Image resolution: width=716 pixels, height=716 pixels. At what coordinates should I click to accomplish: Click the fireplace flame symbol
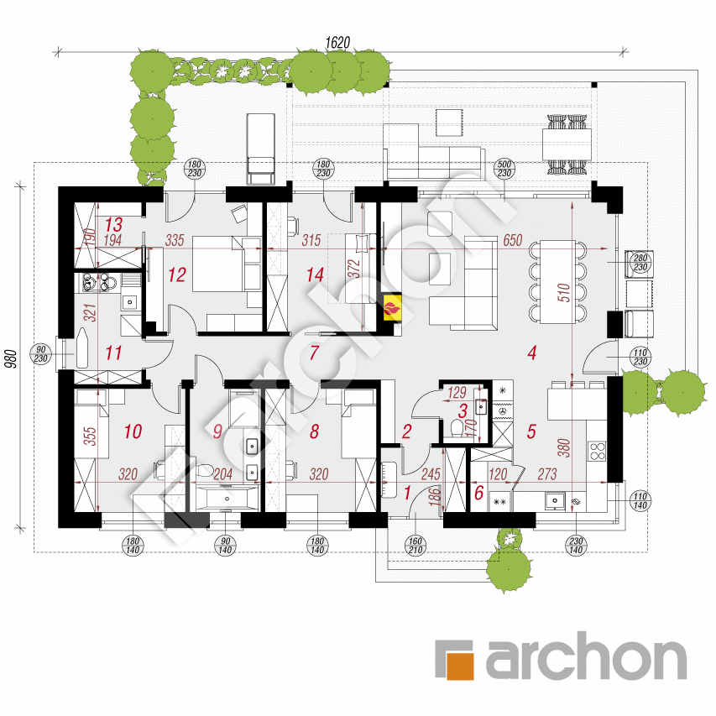(392, 308)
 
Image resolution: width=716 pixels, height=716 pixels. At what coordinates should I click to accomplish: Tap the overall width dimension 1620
(337, 43)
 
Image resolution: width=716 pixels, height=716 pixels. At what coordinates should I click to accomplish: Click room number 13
(113, 224)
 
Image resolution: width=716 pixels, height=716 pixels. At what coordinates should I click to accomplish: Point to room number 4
(531, 353)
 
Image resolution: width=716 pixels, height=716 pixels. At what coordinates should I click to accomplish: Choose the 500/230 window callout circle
(504, 169)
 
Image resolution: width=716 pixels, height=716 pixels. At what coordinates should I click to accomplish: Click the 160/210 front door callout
(415, 546)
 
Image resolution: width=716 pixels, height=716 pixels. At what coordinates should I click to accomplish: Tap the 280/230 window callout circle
(640, 263)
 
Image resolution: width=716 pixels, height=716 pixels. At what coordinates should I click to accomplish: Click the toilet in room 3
(457, 428)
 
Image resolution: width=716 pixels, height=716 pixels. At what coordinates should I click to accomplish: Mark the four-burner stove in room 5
(597, 451)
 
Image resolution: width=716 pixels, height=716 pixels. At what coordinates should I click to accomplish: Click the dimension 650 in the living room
(512, 240)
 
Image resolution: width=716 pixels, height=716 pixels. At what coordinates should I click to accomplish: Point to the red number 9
(217, 431)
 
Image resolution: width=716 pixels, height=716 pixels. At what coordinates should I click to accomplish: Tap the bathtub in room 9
(227, 499)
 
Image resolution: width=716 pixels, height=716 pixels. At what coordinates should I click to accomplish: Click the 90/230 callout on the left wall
(40, 354)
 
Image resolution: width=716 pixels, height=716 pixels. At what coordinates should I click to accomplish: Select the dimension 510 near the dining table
(564, 292)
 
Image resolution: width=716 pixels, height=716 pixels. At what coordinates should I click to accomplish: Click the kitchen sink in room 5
(555, 501)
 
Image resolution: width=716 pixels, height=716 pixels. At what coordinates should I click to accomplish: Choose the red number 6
(478, 493)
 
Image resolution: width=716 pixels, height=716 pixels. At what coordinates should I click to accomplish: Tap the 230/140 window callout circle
(576, 546)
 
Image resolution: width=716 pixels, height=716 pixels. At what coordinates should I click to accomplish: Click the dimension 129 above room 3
(457, 392)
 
